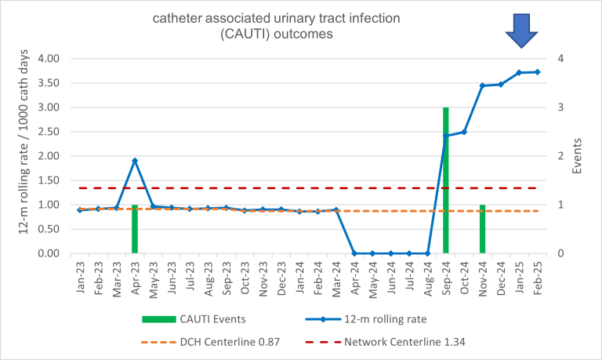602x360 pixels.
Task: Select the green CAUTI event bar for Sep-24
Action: [445, 180]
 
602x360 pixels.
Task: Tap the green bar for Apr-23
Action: [135, 228]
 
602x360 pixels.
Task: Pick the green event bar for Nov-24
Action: [482, 228]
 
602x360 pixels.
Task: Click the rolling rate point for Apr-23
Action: [135, 161]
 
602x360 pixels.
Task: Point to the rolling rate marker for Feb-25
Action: [537, 72]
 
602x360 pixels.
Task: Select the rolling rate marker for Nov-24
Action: [482, 85]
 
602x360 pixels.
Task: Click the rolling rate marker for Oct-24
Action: [464, 132]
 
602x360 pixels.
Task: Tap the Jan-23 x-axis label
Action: [81, 275]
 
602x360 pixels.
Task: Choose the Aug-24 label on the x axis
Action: [427, 275]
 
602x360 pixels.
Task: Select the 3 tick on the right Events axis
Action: [560, 107]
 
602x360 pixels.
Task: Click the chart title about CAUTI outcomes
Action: [301, 25]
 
